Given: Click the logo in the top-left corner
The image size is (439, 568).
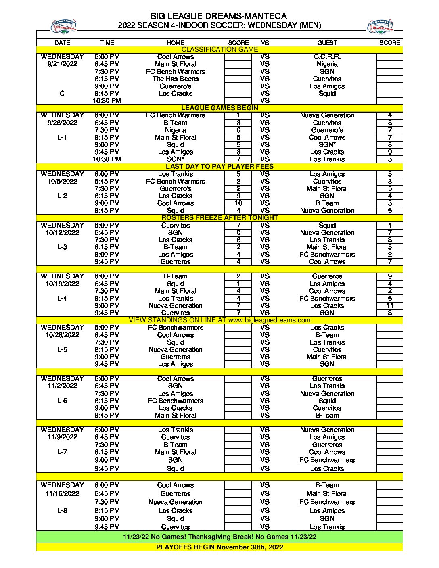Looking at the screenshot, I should pyautogui.click(x=63, y=27).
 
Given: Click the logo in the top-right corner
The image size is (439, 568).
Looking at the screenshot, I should pyautogui.click(x=380, y=27).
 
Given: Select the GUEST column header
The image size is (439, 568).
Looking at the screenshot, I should pyautogui.click(x=327, y=42).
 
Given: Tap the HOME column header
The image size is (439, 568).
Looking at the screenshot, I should pyautogui.click(x=176, y=42).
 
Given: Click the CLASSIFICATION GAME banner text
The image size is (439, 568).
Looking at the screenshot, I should pyautogui.click(x=219, y=50).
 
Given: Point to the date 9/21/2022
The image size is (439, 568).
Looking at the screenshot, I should pyautogui.click(x=62, y=64).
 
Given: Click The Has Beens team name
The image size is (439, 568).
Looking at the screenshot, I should pyautogui.click(x=176, y=79).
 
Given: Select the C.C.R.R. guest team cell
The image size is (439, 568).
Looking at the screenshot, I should pyautogui.click(x=327, y=57).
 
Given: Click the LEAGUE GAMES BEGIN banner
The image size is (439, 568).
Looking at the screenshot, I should pyautogui.click(x=219, y=108).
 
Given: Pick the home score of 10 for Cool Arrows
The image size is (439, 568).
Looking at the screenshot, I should pyautogui.click(x=238, y=203).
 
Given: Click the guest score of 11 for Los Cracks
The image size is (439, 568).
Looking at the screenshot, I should pyautogui.click(x=390, y=306).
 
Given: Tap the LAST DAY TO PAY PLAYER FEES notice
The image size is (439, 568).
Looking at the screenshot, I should pyautogui.click(x=219, y=167).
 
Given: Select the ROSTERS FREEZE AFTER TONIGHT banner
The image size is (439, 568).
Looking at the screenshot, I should pyautogui.click(x=219, y=218).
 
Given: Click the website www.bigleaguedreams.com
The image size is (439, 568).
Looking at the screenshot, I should pyautogui.click(x=269, y=320).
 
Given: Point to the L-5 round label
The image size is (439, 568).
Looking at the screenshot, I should pyautogui.click(x=62, y=350).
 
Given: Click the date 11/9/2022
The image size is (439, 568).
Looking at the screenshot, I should pyautogui.click(x=62, y=437).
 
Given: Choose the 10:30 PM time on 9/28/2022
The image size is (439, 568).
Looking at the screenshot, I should pyautogui.click(x=107, y=159).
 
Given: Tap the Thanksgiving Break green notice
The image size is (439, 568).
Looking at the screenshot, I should pyautogui.click(x=219, y=537).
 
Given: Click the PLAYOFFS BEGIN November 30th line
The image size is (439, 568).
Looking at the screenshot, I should pyautogui.click(x=219, y=547).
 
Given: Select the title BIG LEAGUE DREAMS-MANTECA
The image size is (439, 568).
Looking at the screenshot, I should pyautogui.click(x=218, y=16).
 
